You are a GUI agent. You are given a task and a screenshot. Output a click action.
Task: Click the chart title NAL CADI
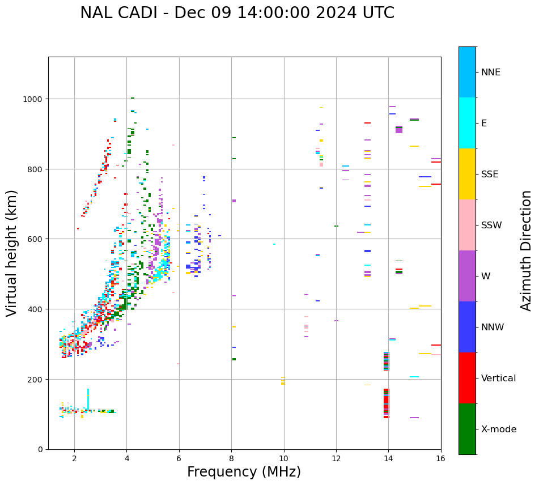click(237, 13)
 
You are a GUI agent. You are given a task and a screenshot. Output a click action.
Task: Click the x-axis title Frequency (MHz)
click(244, 472)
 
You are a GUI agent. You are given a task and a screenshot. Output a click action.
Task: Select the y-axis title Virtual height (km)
click(12, 253)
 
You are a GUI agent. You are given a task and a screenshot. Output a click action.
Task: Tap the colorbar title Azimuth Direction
click(527, 250)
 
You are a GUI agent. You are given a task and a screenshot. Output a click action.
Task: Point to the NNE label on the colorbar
click(491, 72)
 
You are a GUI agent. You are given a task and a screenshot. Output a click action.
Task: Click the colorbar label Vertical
click(498, 378)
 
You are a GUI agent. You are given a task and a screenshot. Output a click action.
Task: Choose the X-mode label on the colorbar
click(499, 429)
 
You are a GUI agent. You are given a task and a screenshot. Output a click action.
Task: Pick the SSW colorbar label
click(491, 225)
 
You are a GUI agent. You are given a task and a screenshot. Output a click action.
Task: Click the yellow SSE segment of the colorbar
click(467, 174)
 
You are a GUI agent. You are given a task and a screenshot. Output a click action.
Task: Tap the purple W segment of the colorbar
click(467, 276)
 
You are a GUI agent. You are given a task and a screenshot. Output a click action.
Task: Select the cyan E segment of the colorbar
click(467, 123)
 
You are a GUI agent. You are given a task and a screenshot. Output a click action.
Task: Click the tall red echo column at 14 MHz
click(387, 403)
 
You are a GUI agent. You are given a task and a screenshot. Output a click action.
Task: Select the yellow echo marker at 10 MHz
click(283, 381)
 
